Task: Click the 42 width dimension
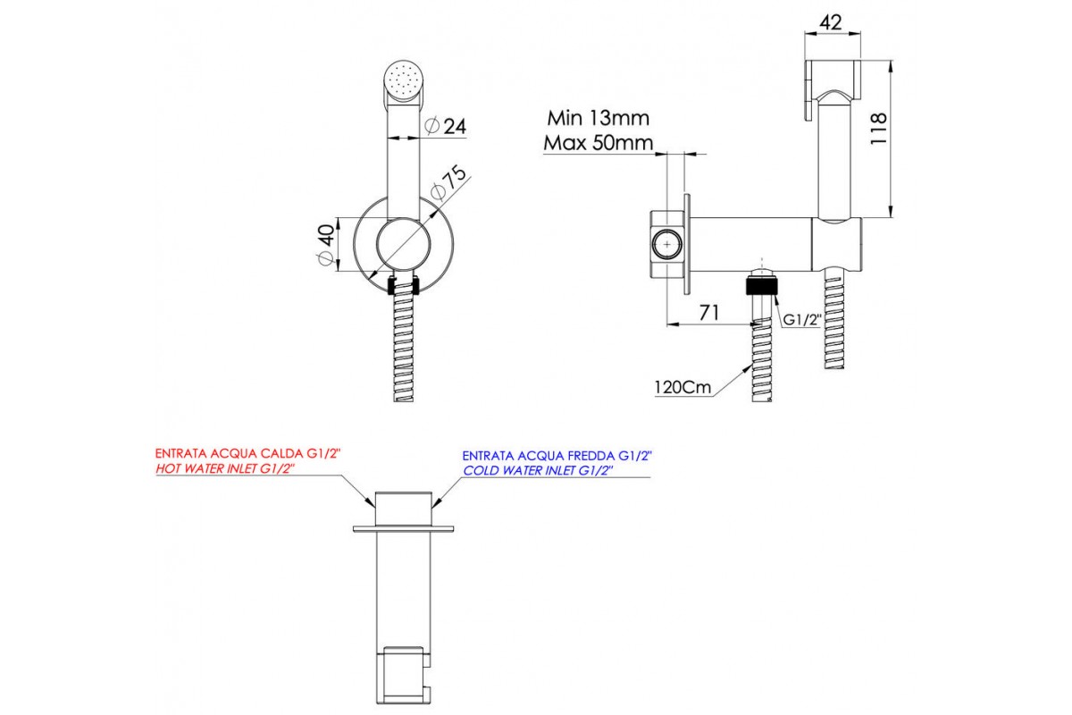[831, 23]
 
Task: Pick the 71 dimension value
[710, 312]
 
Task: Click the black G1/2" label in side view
[800, 319]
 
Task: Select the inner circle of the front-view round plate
[404, 245]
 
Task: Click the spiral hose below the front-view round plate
[404, 349]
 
